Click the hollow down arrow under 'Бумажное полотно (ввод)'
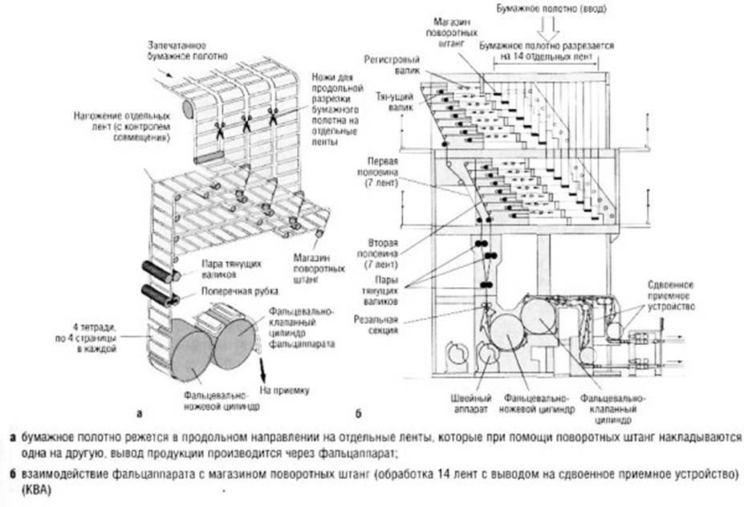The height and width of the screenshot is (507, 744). coord(548,30)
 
